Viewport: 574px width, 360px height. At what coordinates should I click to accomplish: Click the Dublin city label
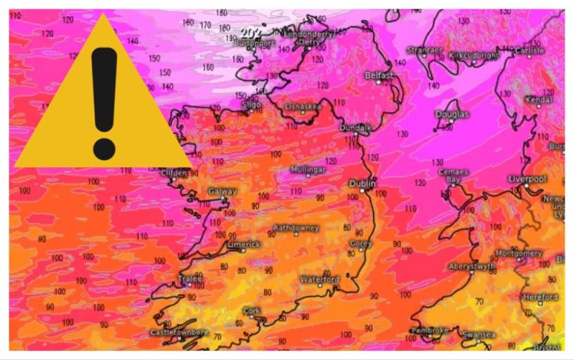362,184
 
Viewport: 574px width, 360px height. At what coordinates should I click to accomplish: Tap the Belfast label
379,75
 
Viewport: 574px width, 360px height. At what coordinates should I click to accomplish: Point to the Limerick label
243,244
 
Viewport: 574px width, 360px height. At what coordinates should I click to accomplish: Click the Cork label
251,310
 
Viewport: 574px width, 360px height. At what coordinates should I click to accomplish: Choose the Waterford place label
320,278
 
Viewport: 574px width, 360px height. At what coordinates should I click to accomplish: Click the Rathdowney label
296,228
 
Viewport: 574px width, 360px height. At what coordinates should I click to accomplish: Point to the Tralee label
190,278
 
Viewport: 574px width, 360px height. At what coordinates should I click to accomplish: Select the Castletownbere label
179,333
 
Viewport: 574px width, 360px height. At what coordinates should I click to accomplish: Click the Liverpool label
527,178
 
